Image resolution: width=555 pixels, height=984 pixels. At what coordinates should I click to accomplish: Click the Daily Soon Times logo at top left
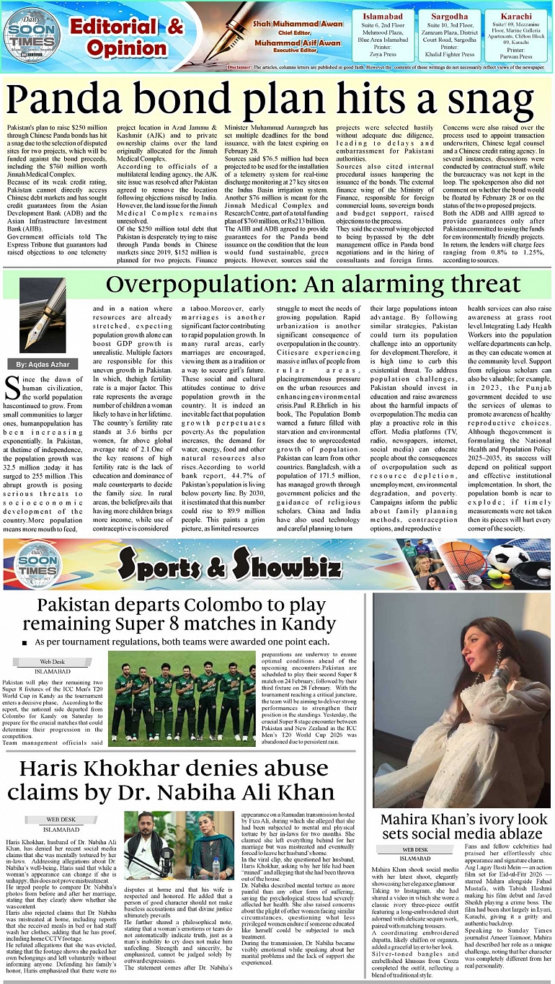click(32, 33)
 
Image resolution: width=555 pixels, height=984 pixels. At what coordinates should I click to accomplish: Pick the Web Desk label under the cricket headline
click(52, 661)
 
